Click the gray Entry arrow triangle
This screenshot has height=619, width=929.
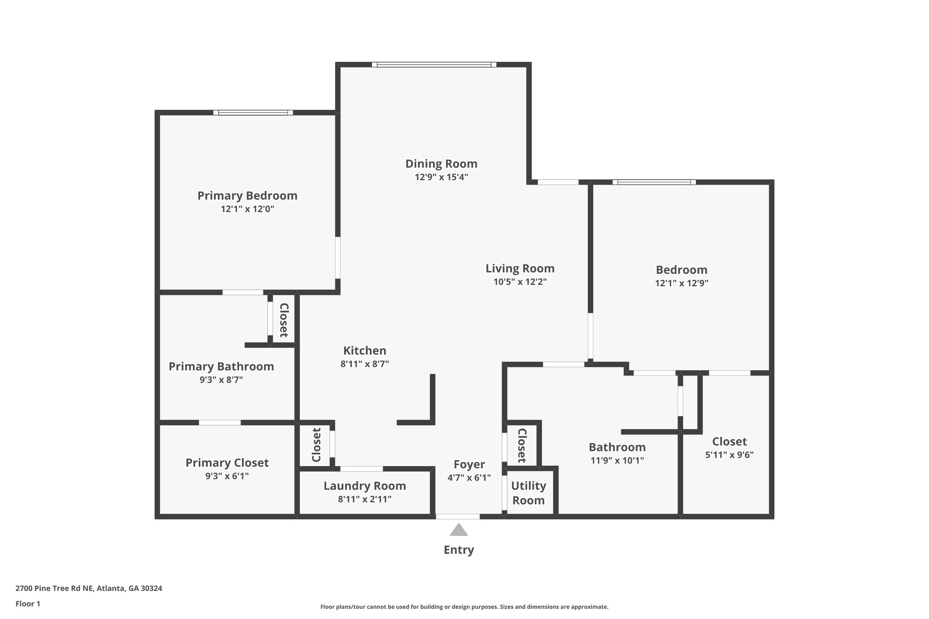(x=459, y=530)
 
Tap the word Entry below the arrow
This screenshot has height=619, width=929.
(x=459, y=550)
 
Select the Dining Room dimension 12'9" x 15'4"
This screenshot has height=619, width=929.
(x=441, y=177)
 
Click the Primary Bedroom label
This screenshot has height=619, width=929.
(x=247, y=196)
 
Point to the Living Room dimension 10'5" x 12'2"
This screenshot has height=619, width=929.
(x=520, y=282)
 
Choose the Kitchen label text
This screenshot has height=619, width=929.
(x=365, y=351)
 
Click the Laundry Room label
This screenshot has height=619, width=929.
(x=364, y=486)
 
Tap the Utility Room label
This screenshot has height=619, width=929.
(x=528, y=493)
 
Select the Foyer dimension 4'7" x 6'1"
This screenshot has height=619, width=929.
(x=469, y=478)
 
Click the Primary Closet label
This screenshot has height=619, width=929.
(x=227, y=463)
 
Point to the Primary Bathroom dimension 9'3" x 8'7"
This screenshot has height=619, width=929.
(x=221, y=380)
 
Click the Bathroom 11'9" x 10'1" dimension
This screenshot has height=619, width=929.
(x=617, y=461)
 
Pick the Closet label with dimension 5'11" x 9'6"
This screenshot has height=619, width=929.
(x=729, y=442)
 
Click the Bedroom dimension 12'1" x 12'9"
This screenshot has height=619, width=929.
(x=681, y=283)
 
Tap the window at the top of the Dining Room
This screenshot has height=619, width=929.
(x=434, y=65)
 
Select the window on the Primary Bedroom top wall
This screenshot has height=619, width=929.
(x=253, y=112)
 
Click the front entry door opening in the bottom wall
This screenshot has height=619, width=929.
(x=458, y=516)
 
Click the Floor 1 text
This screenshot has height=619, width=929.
(x=28, y=604)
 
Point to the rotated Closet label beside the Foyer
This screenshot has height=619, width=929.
(x=522, y=445)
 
